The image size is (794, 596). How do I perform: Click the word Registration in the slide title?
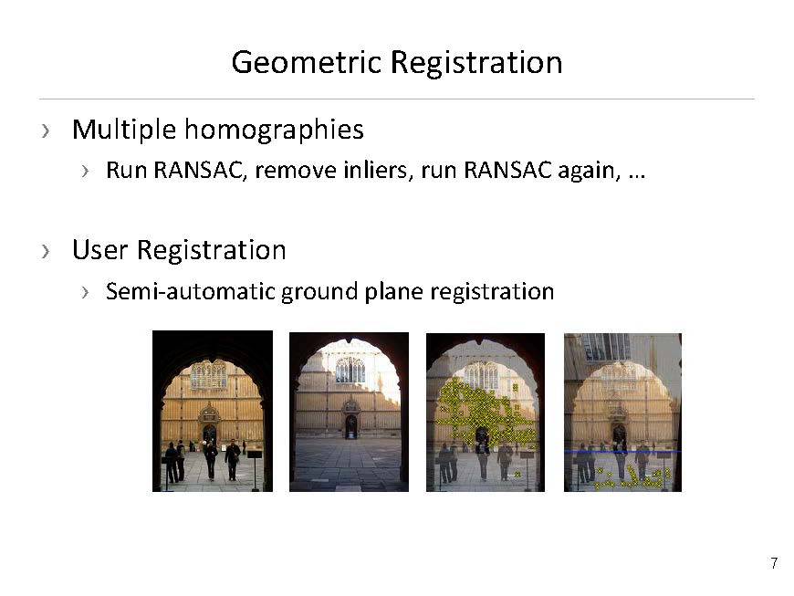(x=476, y=63)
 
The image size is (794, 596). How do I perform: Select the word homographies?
(x=274, y=131)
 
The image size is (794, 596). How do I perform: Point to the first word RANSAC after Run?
(x=200, y=170)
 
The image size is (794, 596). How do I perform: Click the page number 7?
(x=774, y=563)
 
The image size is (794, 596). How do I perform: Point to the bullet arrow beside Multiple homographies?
(x=46, y=131)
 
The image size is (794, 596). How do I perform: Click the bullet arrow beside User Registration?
(x=46, y=251)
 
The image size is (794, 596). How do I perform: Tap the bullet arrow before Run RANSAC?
(x=85, y=172)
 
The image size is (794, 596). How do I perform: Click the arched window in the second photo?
(x=350, y=370)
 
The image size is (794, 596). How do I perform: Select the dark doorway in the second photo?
(x=351, y=427)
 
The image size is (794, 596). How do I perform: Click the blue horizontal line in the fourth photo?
(x=622, y=451)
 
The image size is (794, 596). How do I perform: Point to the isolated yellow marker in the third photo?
(x=517, y=475)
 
